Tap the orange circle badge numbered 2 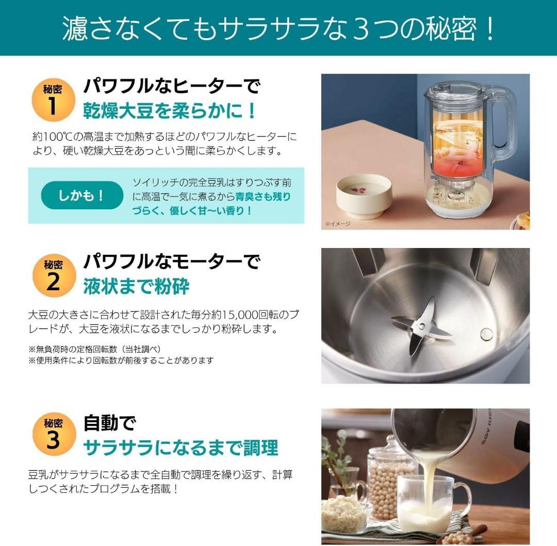coord(53,275)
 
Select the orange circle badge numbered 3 coord(53,434)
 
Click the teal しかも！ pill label coord(81,195)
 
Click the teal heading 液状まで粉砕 coord(136,287)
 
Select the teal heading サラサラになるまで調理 coord(181,447)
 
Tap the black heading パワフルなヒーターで coord(172,86)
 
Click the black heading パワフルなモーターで coord(172,262)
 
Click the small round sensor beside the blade coord(486,334)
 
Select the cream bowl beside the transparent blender coord(364,195)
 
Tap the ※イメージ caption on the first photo coord(338,223)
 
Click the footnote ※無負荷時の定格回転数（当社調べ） coord(94,349)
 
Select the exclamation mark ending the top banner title coord(489,29)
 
